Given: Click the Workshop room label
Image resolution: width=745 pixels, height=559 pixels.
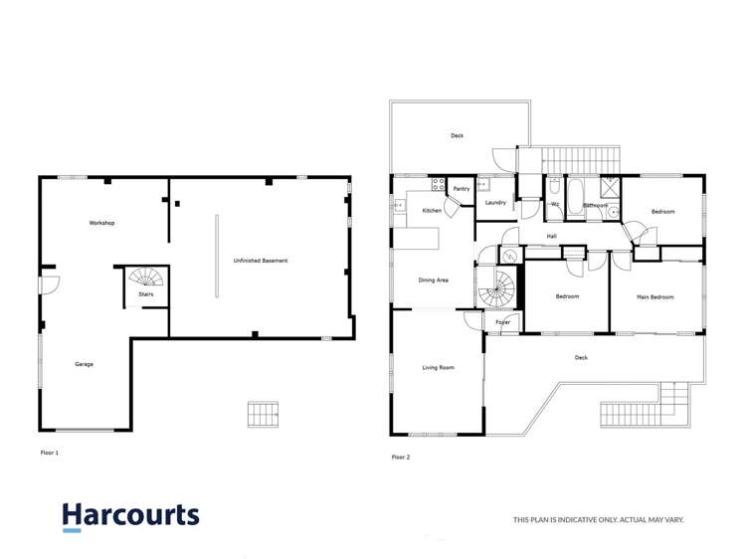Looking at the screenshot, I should click(x=102, y=223).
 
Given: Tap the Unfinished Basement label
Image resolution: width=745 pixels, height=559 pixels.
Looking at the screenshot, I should click(x=261, y=261).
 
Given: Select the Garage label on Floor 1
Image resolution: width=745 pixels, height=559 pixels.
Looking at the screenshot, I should click(x=84, y=364).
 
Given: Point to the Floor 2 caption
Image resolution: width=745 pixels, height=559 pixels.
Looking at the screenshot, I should click(x=400, y=457).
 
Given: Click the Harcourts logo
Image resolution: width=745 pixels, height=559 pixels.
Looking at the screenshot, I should click(x=130, y=515).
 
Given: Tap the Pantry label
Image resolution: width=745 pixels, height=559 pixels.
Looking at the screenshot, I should click(x=461, y=189).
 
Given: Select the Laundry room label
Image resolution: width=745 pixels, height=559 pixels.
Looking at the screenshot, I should click(x=495, y=203).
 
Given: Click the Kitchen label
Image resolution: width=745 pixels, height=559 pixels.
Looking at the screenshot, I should click(x=432, y=211).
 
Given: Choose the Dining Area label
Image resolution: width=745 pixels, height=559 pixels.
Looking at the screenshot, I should click(x=433, y=280).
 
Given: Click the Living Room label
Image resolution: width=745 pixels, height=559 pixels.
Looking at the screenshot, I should click(x=438, y=368).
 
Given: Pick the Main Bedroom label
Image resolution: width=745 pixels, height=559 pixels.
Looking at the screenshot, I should click(x=655, y=296).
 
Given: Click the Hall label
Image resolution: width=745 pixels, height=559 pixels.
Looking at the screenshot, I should click(x=551, y=237).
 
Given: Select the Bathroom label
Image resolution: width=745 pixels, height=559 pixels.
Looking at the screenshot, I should click(x=595, y=206).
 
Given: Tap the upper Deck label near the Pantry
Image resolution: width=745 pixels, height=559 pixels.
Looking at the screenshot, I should click(x=457, y=136).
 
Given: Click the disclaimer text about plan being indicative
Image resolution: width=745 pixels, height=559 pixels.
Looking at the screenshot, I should click(x=598, y=519).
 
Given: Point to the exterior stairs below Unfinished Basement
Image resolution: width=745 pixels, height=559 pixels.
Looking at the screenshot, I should click(x=264, y=413).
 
